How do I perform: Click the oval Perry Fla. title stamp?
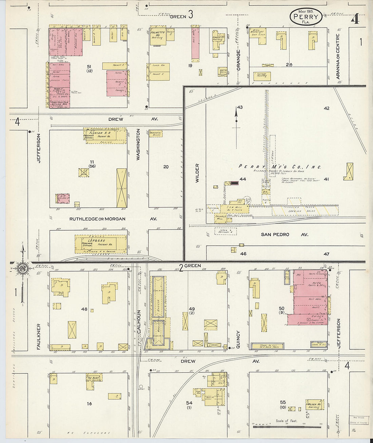(x=306, y=17)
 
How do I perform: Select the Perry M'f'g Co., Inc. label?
(x=280, y=167)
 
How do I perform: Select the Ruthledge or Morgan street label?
(x=98, y=219)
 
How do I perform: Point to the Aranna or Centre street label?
(x=338, y=56)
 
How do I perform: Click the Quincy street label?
(x=238, y=339)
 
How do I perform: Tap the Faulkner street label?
(x=39, y=336)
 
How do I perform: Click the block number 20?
(x=166, y=167)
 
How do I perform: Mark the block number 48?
(x=84, y=309)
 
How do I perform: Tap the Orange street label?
(x=238, y=60)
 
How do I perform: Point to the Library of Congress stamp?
(x=359, y=420)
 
